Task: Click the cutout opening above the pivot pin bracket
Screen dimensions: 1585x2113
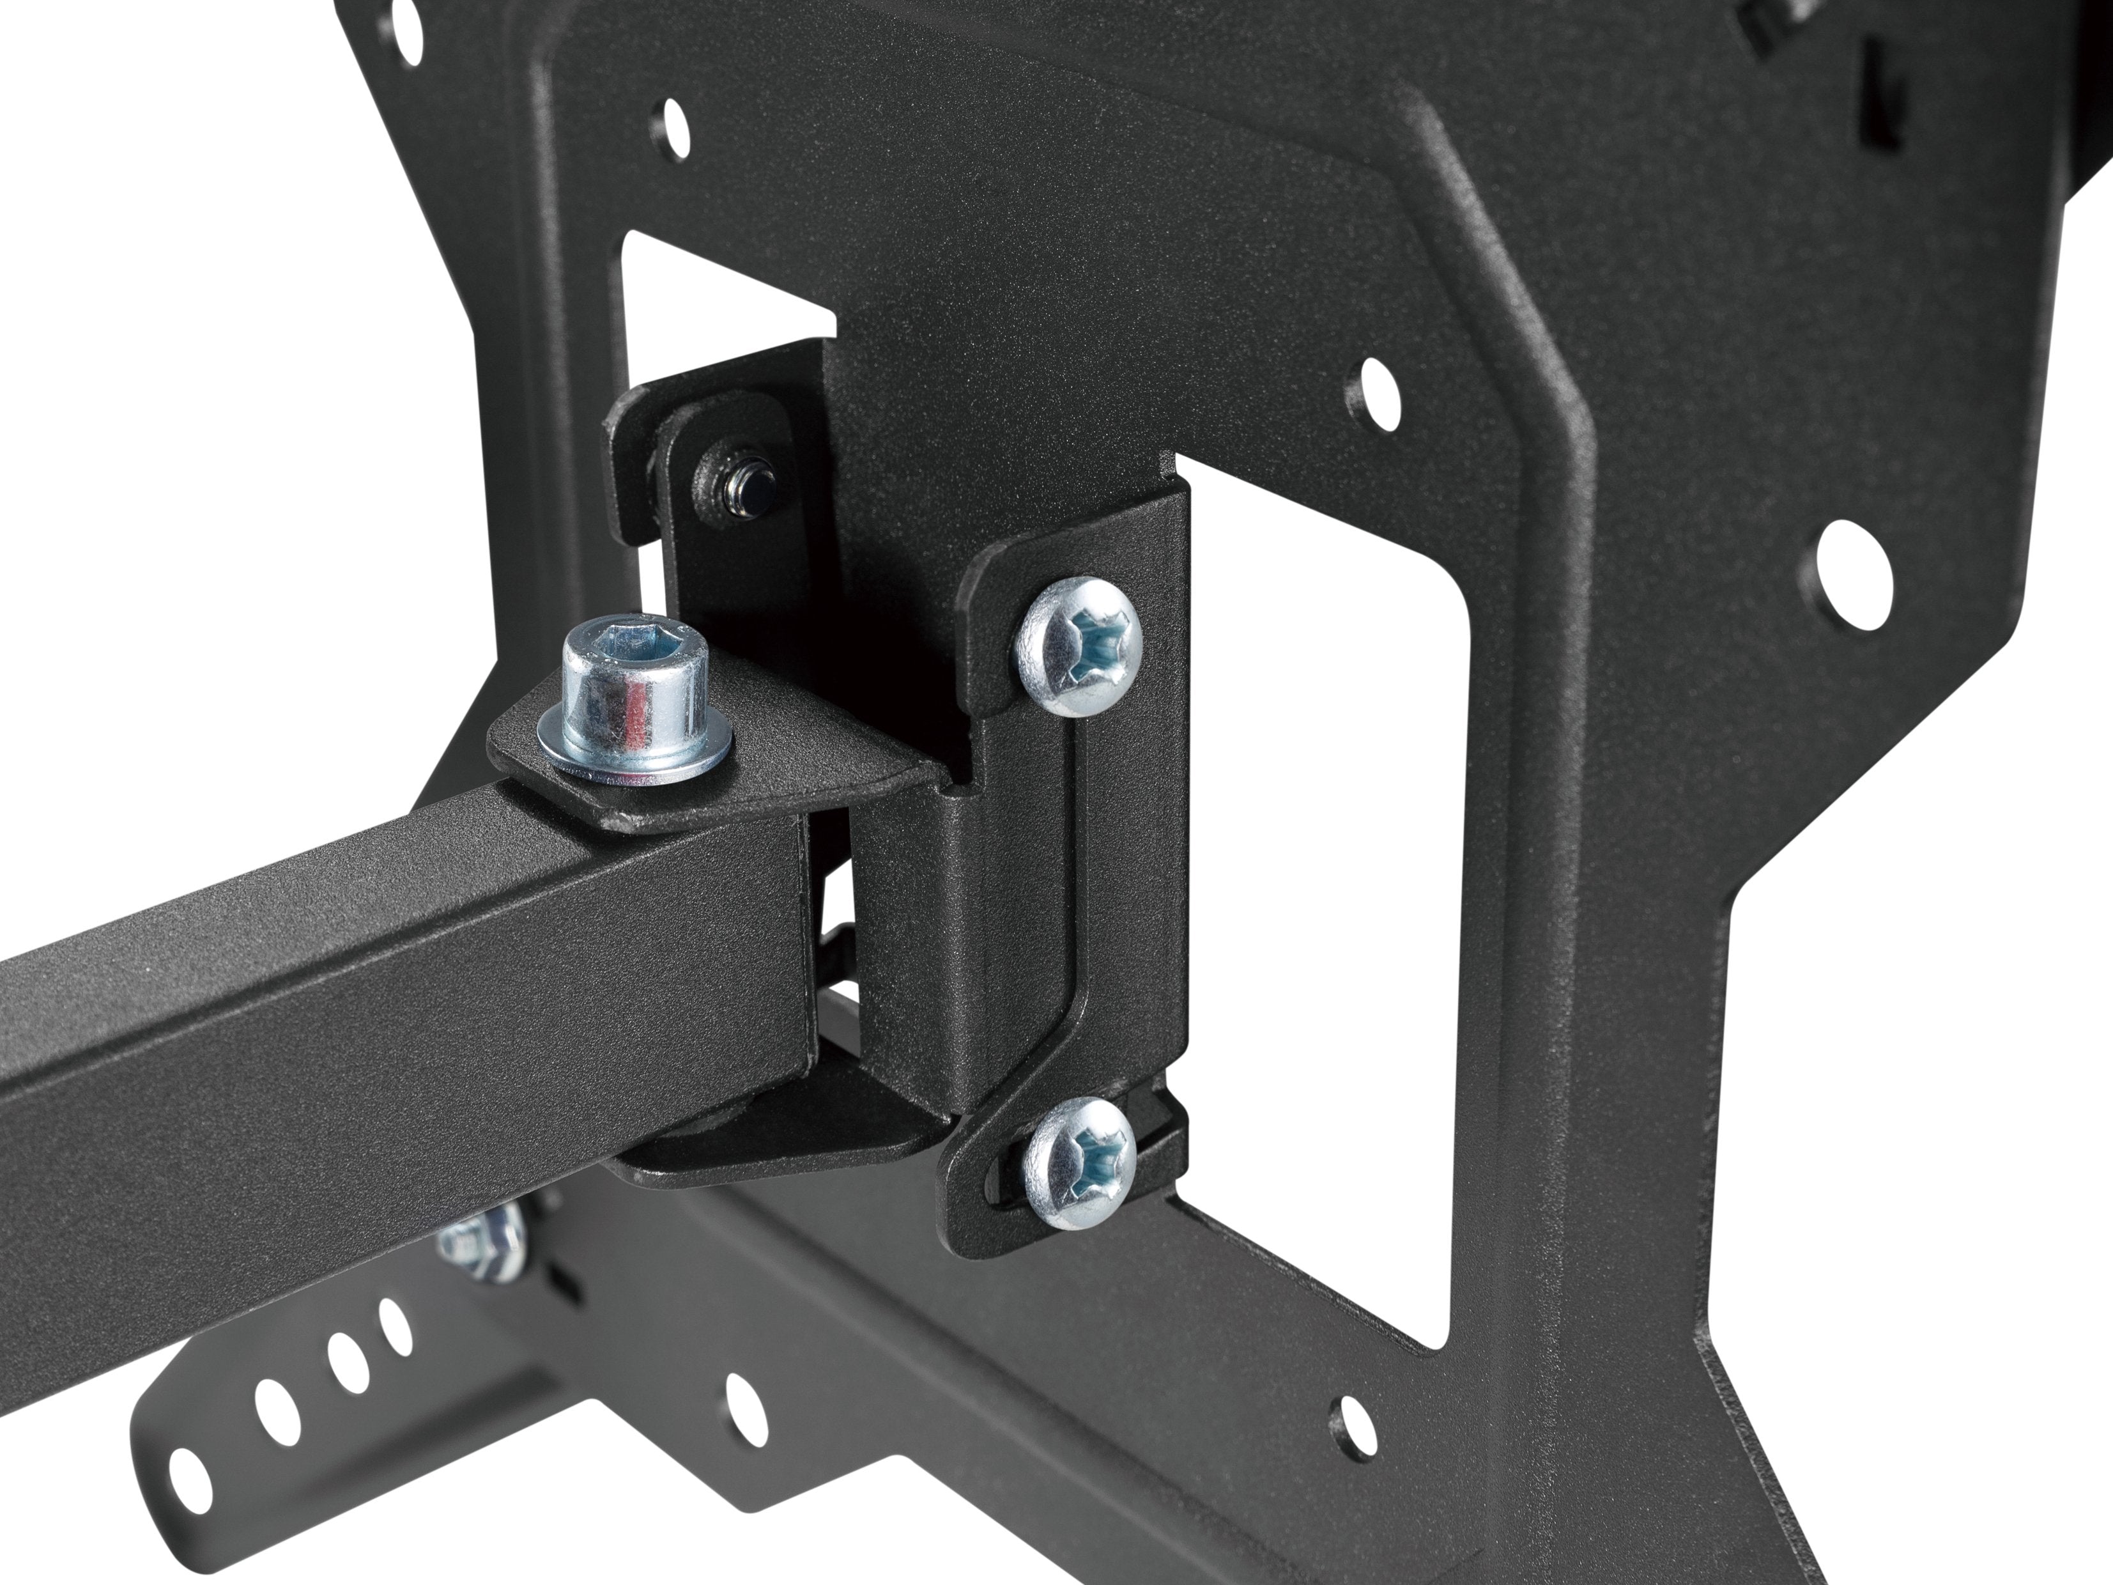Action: [x=726, y=305]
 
